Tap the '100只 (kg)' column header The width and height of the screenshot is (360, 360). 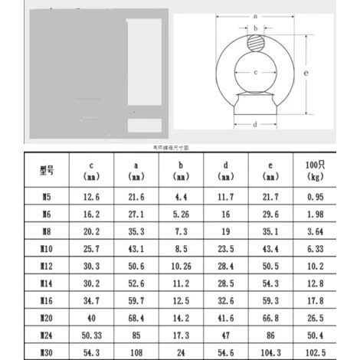[315, 170]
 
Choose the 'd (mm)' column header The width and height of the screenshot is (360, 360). [225, 170]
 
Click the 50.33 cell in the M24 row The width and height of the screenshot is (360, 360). [91, 334]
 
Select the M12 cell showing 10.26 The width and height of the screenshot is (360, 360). [181, 266]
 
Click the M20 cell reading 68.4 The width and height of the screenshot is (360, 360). [136, 317]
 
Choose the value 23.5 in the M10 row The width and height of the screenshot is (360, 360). [225, 249]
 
